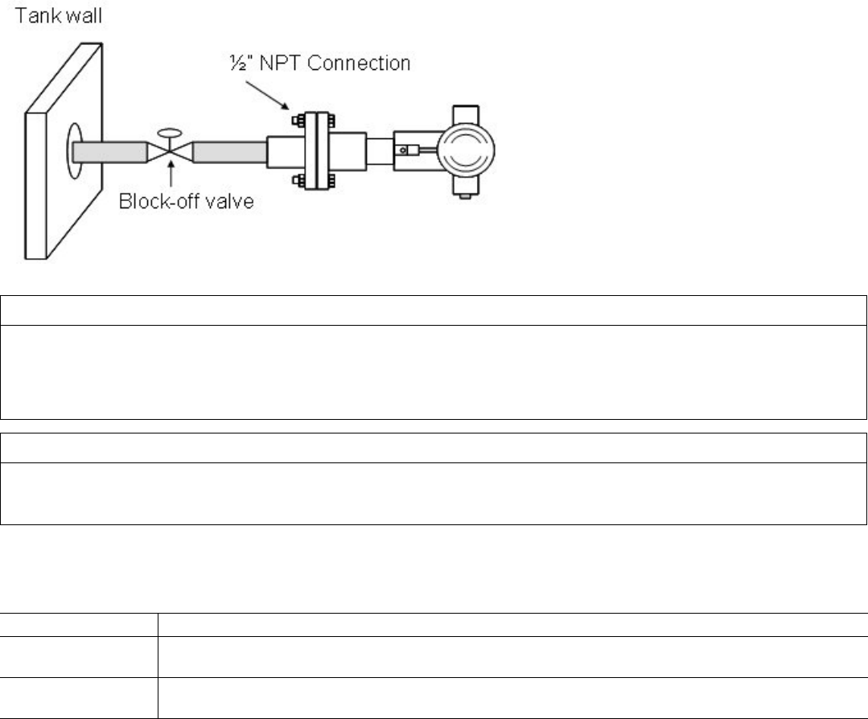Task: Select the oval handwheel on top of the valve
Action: [169, 133]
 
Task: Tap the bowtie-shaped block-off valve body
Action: [169, 150]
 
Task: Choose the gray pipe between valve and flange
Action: [228, 150]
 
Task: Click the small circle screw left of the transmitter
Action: [400, 150]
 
